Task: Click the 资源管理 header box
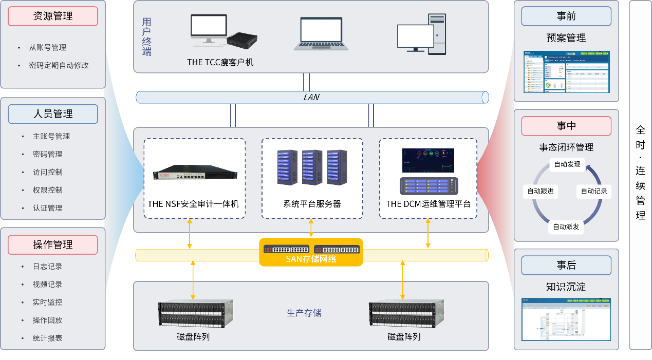(53, 16)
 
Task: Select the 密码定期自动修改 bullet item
(59, 66)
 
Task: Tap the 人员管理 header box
(53, 114)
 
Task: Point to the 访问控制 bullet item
(48, 172)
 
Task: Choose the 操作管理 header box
(53, 245)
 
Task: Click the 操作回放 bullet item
(48, 320)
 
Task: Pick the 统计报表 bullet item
(48, 338)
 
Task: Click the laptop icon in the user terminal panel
(321, 34)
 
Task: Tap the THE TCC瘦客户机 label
(220, 62)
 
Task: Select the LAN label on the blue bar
(311, 97)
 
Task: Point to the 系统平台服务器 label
(312, 204)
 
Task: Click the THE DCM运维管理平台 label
(428, 204)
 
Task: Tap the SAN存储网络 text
(311, 259)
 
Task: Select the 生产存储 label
(304, 313)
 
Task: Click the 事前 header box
(566, 16)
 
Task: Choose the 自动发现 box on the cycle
(567, 164)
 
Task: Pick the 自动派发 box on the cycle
(566, 226)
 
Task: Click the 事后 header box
(566, 265)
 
